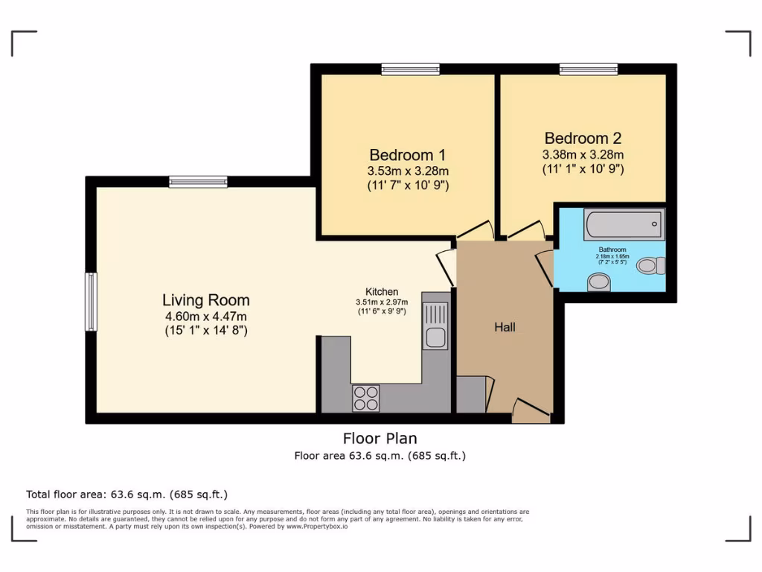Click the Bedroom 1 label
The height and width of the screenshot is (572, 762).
pos(407,155)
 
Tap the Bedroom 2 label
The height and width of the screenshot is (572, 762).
pos(583,138)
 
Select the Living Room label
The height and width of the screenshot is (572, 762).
pos(206,300)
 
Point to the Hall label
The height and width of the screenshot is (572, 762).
pos(505,327)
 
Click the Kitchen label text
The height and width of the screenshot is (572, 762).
pos(382,291)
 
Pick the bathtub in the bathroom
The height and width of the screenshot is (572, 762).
pos(624,223)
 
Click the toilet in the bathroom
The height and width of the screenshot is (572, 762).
pos(651,265)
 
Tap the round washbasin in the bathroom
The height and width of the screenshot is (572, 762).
pos(598,282)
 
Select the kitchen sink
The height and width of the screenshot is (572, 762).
pos(435,337)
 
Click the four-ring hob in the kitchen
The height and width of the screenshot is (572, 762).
pos(365,398)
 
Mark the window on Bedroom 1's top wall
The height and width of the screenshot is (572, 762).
pos(410,69)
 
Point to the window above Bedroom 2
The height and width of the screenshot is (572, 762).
pos(588,69)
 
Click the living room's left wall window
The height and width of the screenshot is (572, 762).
pos(91,302)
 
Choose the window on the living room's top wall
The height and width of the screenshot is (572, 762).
pos(198,181)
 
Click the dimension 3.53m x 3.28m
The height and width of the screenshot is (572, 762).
pos(407,171)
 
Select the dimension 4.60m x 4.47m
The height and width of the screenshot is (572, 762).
pos(206,316)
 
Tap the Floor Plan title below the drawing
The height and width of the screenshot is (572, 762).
pos(380,438)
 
